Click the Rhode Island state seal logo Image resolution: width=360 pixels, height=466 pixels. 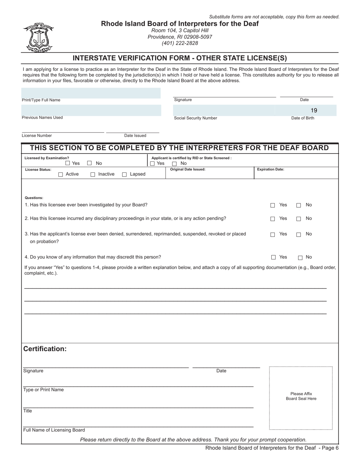pyautogui.click(x=38, y=38)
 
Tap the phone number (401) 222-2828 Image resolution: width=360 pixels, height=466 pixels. pyautogui.click(x=180, y=43)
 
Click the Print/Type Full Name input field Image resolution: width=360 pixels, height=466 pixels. pyautogui.click(x=91, y=93)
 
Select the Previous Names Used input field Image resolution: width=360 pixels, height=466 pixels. pyautogui.click(x=91, y=110)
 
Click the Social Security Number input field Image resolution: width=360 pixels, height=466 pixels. pyautogui.click(x=224, y=110)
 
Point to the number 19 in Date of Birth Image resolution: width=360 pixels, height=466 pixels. pyautogui.click(x=314, y=111)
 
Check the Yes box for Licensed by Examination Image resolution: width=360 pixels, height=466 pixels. pyautogui.click(x=67, y=163)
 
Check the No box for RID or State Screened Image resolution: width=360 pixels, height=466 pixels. pyautogui.click(x=175, y=164)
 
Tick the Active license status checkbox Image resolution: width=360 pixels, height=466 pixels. pyautogui.click(x=61, y=175)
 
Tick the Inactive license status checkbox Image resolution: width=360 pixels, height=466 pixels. pyautogui.click(x=93, y=175)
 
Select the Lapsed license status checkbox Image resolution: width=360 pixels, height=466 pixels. pyautogui.click(x=124, y=175)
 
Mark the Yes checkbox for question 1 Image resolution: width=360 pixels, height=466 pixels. pyautogui.click(x=272, y=205)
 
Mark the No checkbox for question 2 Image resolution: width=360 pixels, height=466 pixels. pyautogui.click(x=299, y=219)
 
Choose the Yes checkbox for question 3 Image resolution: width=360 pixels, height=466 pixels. pyautogui.click(x=272, y=235)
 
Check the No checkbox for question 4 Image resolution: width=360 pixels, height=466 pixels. pyautogui.click(x=300, y=258)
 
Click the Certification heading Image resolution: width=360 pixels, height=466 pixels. pyautogui.click(x=45, y=349)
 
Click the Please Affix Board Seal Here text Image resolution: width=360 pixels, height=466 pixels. pyautogui.click(x=301, y=396)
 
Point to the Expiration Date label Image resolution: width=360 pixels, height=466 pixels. pyautogui.click(x=271, y=169)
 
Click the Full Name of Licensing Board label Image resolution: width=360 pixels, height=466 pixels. pyautogui.click(x=54, y=430)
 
